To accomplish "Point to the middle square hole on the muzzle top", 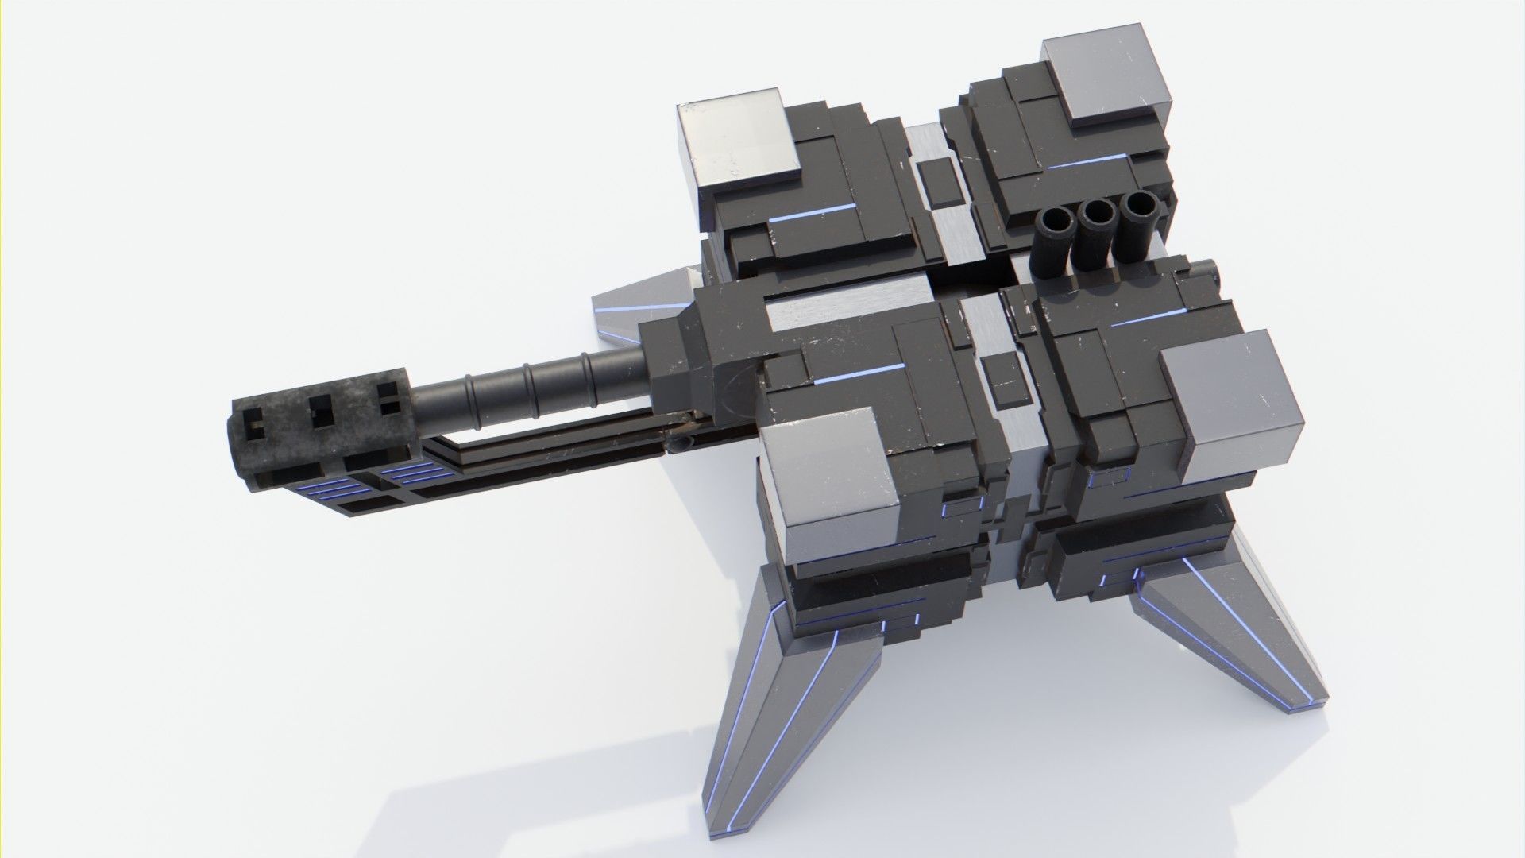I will pos(321,411).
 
